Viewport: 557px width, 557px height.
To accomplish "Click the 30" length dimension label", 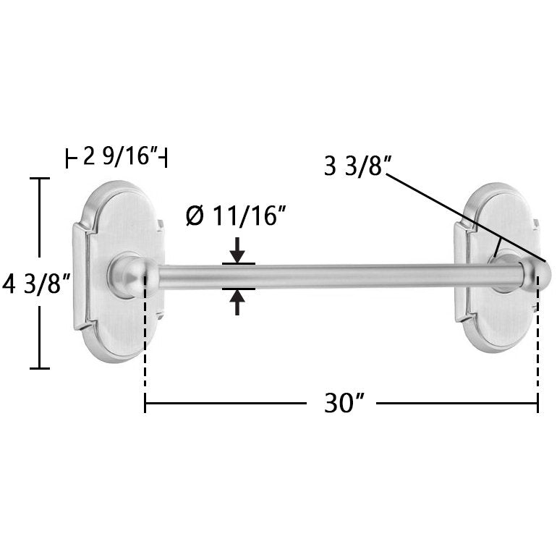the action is (x=344, y=403).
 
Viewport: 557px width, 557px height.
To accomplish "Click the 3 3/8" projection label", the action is (x=357, y=166).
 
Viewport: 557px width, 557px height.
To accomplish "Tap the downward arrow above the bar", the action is (x=237, y=250).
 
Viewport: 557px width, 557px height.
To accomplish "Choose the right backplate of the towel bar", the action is (x=498, y=268).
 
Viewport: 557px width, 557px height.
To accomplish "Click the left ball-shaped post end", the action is (x=132, y=274).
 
